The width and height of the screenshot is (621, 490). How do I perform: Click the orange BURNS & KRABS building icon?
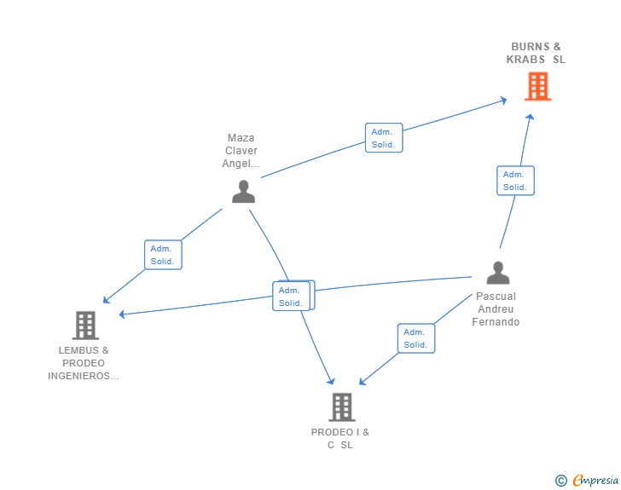pos(537,86)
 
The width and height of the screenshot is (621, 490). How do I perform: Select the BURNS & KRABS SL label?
pos(537,53)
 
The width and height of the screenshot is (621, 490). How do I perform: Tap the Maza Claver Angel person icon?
pos(243,192)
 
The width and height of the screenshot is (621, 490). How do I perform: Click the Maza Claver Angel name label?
pos(241,151)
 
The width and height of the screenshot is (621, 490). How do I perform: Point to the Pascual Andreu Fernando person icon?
pos(497,273)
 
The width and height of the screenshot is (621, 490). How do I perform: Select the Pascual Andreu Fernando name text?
pos(496,309)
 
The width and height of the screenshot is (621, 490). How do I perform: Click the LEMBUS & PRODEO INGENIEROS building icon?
pos(84,325)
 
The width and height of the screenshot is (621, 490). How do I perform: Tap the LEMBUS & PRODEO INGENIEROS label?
pos(84,363)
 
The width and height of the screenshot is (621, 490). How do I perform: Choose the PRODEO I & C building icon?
pos(341,407)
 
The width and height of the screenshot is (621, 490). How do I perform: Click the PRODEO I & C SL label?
pos(340,438)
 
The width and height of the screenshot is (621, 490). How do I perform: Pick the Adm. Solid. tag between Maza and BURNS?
pos(383,138)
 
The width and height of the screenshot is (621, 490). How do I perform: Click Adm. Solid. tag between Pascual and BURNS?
pos(514,181)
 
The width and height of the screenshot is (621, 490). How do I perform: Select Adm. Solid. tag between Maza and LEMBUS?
pos(162,255)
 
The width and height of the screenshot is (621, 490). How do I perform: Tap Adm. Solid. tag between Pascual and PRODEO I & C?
pos(415,338)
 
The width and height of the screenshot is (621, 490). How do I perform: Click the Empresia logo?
pos(595,481)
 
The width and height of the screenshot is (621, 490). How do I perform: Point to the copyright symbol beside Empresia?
pos(561,481)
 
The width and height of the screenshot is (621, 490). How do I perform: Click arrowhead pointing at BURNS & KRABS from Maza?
pos(503,101)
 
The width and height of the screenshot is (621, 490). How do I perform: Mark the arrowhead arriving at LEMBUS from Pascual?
pos(122,314)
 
